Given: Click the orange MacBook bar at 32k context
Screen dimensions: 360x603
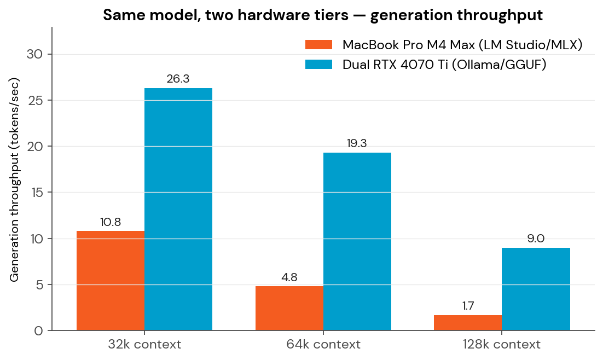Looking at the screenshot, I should [x=111, y=281].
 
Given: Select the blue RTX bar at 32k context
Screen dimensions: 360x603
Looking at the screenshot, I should [x=178, y=210].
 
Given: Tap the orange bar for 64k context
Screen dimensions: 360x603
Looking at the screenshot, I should [x=289, y=308].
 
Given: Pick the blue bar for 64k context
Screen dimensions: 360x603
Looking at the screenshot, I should [x=357, y=242].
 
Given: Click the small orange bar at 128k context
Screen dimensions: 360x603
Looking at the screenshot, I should [x=468, y=323].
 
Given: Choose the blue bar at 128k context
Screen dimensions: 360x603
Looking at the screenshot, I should [x=536, y=289].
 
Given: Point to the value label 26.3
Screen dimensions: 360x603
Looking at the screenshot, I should [x=178, y=79].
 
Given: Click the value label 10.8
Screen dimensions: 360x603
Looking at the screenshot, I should [x=111, y=222].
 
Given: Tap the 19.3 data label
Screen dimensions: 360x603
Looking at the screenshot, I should [x=357, y=144].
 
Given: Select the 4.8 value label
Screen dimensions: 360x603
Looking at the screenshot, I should [x=289, y=277].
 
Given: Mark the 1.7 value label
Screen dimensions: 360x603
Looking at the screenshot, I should [x=468, y=306].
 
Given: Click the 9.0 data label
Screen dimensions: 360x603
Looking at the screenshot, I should [x=536, y=239].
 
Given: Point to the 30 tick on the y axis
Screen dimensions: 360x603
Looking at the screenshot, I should [x=34, y=54].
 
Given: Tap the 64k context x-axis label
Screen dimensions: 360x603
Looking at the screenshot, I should [x=323, y=345].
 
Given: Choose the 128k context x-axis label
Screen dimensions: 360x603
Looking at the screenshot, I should [x=502, y=345].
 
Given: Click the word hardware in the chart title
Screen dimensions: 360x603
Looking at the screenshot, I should [x=262, y=15].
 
